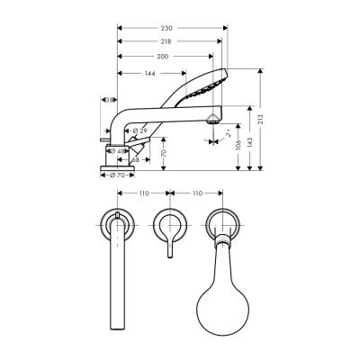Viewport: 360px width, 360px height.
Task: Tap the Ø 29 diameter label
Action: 139,131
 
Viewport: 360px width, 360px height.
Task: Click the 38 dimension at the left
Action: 108,100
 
